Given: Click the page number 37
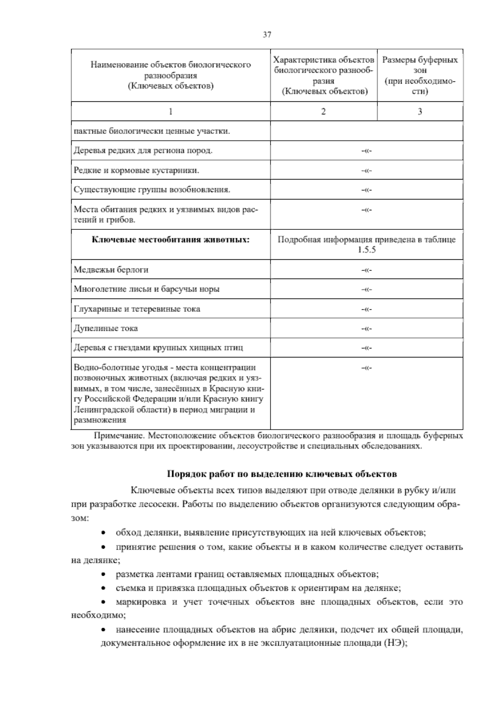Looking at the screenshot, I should click(267, 35).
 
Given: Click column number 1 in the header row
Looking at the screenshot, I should click(170, 111).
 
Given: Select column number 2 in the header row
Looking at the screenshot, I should click(324, 111).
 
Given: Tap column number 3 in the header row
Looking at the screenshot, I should click(420, 111).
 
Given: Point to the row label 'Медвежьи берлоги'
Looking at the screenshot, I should click(111, 270).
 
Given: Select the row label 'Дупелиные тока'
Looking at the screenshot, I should click(106, 328).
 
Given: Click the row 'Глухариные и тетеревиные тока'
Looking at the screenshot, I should click(137, 309).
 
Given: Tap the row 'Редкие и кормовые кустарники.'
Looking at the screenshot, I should click(136, 170).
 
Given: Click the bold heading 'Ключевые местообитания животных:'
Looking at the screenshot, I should click(170, 240).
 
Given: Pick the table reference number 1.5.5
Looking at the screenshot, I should click(366, 250).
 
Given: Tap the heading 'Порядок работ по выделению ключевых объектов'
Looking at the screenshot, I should click(282, 474).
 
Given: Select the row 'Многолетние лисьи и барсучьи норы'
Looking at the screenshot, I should click(146, 289).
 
